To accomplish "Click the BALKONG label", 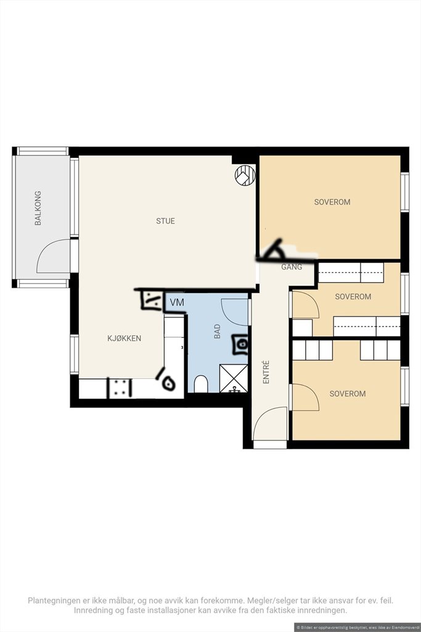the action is click(x=38, y=208).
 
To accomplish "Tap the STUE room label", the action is click(x=165, y=221).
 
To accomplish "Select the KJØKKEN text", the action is click(x=125, y=338).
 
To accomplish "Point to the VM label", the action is click(x=177, y=302).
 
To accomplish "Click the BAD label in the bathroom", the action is click(x=218, y=331).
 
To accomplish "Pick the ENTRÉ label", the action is click(x=266, y=372).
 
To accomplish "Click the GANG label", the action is click(x=292, y=267).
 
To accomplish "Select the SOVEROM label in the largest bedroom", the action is click(x=332, y=202).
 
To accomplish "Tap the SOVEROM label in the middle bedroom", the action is click(x=353, y=297).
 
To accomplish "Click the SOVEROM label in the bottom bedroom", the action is click(x=348, y=394).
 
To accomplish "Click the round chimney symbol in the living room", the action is click(x=245, y=175).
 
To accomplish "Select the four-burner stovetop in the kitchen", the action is click(x=120, y=388).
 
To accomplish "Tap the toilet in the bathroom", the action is click(x=201, y=384).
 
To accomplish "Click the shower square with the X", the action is click(x=234, y=378).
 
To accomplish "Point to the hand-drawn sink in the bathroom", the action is click(x=240, y=344).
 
